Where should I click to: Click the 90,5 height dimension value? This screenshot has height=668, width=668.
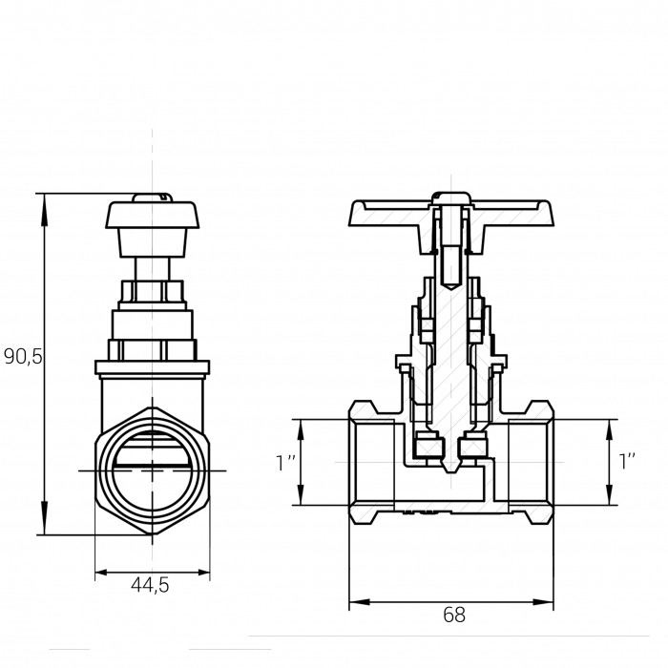pyautogui.click(x=24, y=356)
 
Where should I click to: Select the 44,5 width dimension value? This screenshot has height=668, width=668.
pyautogui.click(x=150, y=585)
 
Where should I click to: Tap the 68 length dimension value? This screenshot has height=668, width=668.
pyautogui.click(x=454, y=615)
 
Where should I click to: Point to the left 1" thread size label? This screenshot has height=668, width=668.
pyautogui.click(x=285, y=463)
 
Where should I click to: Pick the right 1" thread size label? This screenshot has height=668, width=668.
pyautogui.click(x=627, y=461)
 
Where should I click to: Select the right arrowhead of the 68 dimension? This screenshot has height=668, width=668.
pyautogui.click(x=543, y=602)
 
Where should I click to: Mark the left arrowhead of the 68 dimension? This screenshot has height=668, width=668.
pyautogui.click(x=360, y=602)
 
